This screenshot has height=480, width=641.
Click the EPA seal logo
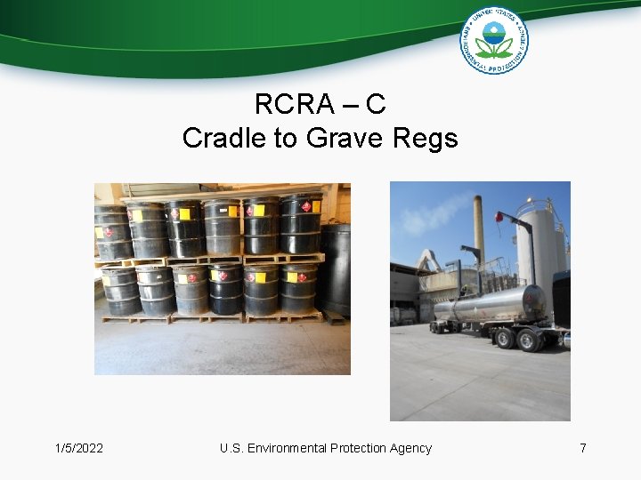493,39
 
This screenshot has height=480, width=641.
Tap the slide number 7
583,448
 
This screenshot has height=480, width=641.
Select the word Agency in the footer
410,448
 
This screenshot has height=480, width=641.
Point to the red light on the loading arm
500,215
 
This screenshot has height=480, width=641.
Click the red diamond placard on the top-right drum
305,207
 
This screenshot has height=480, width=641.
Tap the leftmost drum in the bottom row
119,290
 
